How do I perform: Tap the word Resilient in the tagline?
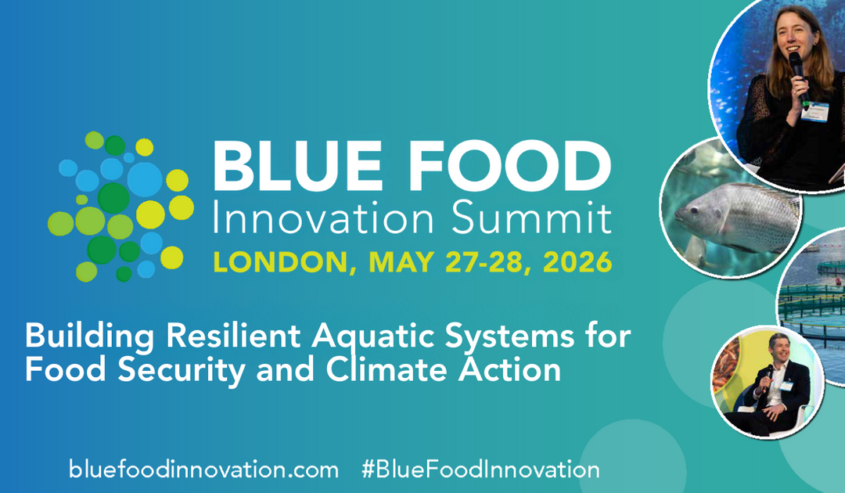tap(239, 337)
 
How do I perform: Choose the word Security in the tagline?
tap(167, 369)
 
